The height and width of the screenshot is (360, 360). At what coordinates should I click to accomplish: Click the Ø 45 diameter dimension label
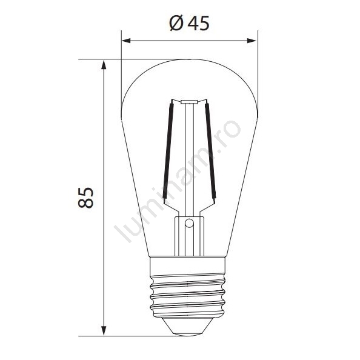(x=190, y=23)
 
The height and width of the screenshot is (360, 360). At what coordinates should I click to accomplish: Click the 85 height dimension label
(x=85, y=198)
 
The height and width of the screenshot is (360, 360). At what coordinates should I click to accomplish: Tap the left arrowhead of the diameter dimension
(x=126, y=41)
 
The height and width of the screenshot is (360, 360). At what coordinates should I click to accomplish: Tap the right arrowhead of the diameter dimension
(x=252, y=41)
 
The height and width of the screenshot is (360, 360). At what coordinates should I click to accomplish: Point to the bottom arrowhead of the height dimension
(x=104, y=331)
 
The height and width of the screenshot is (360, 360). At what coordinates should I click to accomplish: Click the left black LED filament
(x=168, y=151)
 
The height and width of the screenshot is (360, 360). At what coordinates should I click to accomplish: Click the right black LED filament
(x=210, y=151)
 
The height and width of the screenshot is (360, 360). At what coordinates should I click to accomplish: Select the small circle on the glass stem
(x=189, y=223)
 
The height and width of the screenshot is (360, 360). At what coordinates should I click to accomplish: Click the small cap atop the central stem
(x=189, y=102)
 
